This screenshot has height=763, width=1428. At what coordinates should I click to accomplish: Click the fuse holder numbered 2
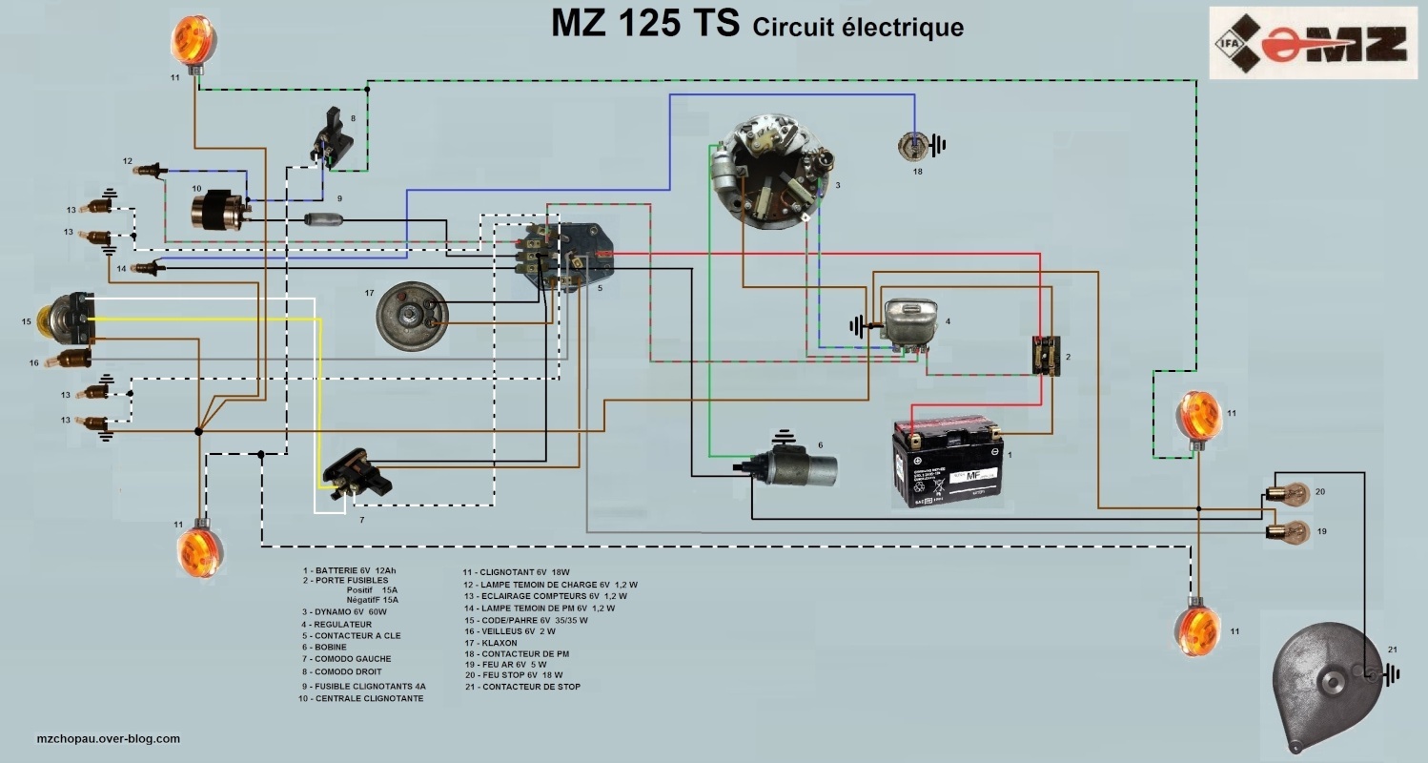pyautogui.click(x=1046, y=356)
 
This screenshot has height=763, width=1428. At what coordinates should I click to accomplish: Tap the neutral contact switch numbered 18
pyautogui.click(x=915, y=145)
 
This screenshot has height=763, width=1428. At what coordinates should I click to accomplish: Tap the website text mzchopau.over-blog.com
pyautogui.click(x=108, y=738)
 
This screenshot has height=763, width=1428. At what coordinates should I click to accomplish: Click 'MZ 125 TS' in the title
pyautogui.click(x=645, y=24)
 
